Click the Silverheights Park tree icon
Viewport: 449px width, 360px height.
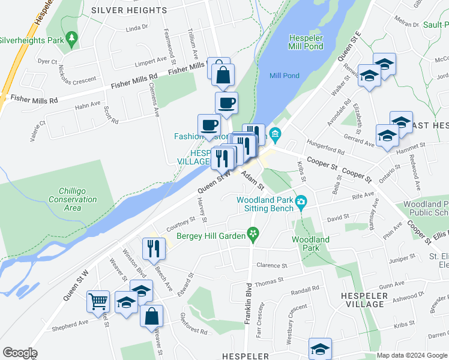tap(72, 39)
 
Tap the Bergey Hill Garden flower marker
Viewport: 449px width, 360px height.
tap(253, 235)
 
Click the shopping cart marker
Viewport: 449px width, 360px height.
tap(98, 301)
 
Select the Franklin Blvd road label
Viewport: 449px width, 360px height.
tap(247, 303)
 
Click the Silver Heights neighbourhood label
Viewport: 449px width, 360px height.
tap(129, 10)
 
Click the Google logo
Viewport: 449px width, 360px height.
tap(20, 353)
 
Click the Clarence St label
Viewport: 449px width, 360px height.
tap(271, 265)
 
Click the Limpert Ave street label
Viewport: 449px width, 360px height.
tap(151, 61)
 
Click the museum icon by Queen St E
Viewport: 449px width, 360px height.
tap(276, 133)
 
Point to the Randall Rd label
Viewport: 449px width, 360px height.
tap(304, 289)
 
